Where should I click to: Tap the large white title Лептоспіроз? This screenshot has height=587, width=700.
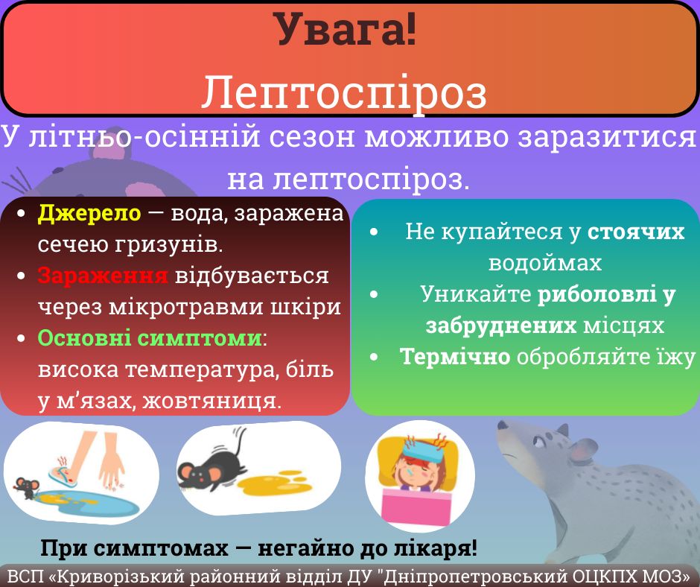coord(344,92)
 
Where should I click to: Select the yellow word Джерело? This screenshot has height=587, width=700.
coord(89,213)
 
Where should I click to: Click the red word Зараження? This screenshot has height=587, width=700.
coord(103,275)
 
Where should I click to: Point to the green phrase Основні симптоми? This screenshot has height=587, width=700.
coord(150,337)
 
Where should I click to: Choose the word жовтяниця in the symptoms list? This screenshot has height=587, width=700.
coord(211,401)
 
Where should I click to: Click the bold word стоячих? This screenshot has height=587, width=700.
coord(636,232)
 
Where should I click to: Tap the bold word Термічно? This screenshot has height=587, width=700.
coord(455,357)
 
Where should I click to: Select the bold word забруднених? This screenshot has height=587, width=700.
coord(501,326)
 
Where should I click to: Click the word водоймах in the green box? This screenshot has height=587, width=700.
coord(545,263)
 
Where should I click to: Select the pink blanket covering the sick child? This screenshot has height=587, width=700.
coord(416,507)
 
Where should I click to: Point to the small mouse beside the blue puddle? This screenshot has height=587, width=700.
coord(27,488)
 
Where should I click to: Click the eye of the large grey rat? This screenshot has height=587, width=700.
coord(539,442)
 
